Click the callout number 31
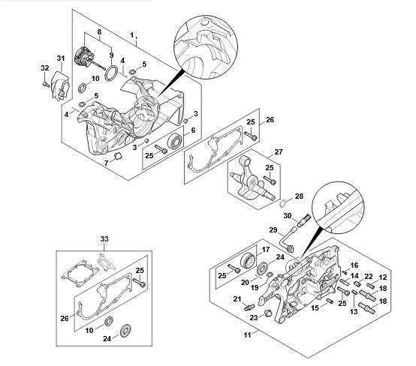[x=61, y=58]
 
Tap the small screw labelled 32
[x=46, y=84]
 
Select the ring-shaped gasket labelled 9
[x=112, y=73]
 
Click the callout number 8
[x=99, y=32]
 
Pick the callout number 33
[x=104, y=239]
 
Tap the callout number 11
[x=247, y=335]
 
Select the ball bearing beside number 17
[x=249, y=260]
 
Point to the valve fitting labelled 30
[x=304, y=220]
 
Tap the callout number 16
[x=354, y=265]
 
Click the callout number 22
[x=369, y=277]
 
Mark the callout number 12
[x=382, y=277]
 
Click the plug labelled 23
[x=268, y=313]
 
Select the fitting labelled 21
[x=249, y=307]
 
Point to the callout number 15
[x=315, y=308]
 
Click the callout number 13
[x=354, y=312]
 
